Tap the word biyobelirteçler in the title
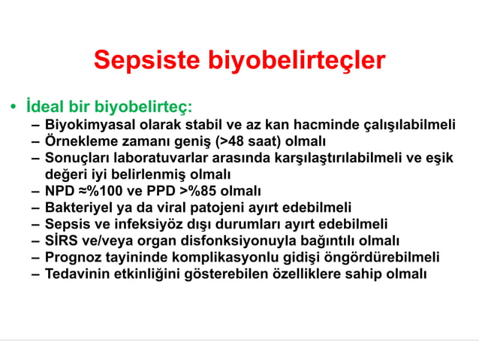(x=296, y=61)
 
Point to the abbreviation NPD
(x=60, y=191)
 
